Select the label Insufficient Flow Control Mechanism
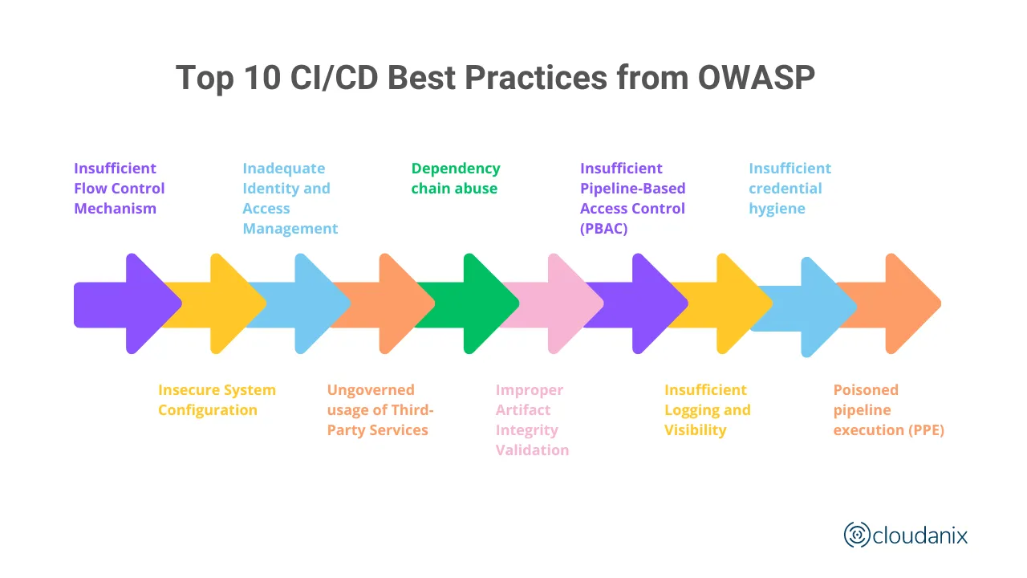[119, 188]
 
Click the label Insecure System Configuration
[217, 400]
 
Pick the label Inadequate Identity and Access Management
[290, 198]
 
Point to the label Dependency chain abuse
[455, 178]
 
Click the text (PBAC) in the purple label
[603, 228]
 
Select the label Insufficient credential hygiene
[789, 188]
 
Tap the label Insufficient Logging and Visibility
[707, 409]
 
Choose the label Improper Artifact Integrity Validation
[531, 420]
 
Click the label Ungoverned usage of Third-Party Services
[380, 409]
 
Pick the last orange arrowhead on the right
[910, 303]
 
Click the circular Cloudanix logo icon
[857, 535]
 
